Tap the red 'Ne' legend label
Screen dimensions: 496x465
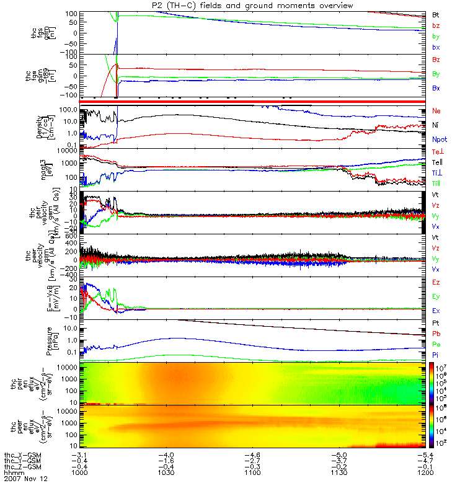436,110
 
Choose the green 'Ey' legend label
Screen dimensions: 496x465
436,296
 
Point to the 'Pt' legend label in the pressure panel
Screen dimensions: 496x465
435,324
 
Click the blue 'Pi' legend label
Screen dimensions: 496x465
435,355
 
